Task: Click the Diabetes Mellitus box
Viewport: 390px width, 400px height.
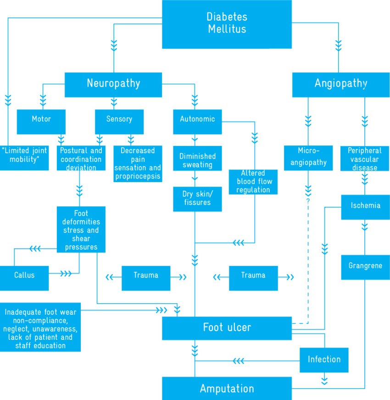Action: click(x=227, y=24)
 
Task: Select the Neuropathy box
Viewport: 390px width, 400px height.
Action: click(x=113, y=84)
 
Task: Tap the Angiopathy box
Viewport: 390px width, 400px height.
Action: click(x=340, y=84)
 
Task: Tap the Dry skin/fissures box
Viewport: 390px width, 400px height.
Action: click(x=197, y=199)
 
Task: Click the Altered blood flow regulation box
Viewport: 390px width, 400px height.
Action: click(x=253, y=182)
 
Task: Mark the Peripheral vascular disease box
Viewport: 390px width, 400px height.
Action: click(x=365, y=158)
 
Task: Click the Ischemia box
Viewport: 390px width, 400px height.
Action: click(x=365, y=207)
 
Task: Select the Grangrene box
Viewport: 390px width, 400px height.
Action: click(x=365, y=267)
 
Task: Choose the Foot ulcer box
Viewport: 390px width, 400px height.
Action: click(x=227, y=328)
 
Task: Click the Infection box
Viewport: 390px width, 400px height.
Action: click(x=324, y=360)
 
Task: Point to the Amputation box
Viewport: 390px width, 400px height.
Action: click(x=227, y=389)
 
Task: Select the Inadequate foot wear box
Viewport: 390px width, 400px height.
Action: click(x=40, y=327)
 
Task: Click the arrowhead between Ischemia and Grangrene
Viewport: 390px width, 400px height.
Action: click(x=365, y=227)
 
